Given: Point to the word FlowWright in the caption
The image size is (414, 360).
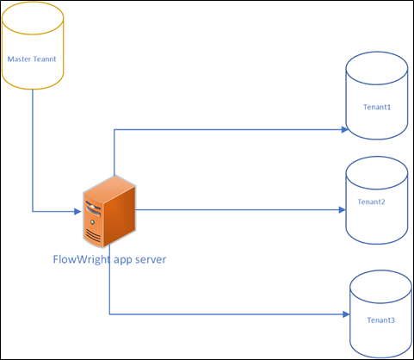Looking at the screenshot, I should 81,259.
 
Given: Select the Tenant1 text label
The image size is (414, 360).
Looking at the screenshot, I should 376,108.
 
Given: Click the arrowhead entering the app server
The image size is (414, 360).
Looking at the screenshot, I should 79,211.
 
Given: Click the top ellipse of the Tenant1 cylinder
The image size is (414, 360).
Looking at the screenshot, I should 376,65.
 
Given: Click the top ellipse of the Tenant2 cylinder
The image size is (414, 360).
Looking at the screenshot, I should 376,168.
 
